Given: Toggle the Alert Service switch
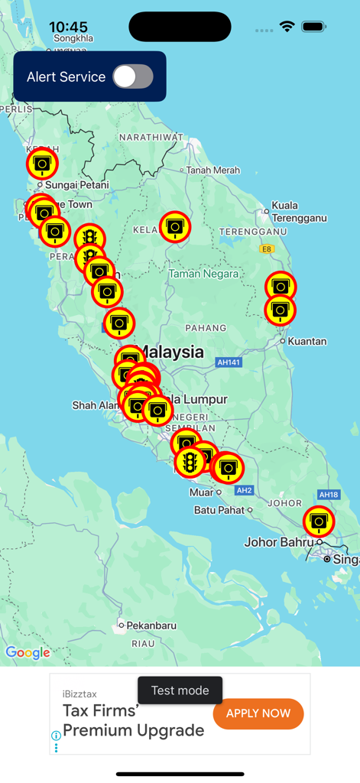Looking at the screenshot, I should [133, 76].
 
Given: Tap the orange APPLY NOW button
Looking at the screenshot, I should [258, 713].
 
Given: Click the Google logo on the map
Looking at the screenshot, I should [28, 652].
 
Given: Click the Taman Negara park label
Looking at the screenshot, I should [203, 273].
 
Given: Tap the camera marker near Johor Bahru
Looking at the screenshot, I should [319, 521].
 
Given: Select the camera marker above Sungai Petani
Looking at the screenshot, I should [42, 163].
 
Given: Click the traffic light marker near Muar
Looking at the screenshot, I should [190, 462].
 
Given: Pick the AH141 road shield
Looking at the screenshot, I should [229, 362].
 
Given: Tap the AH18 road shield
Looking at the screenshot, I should [329, 495].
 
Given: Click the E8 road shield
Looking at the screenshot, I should [266, 249].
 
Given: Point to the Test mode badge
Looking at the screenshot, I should [180, 690].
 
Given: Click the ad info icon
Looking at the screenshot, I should [56, 736].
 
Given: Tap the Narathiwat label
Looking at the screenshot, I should [151, 137].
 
